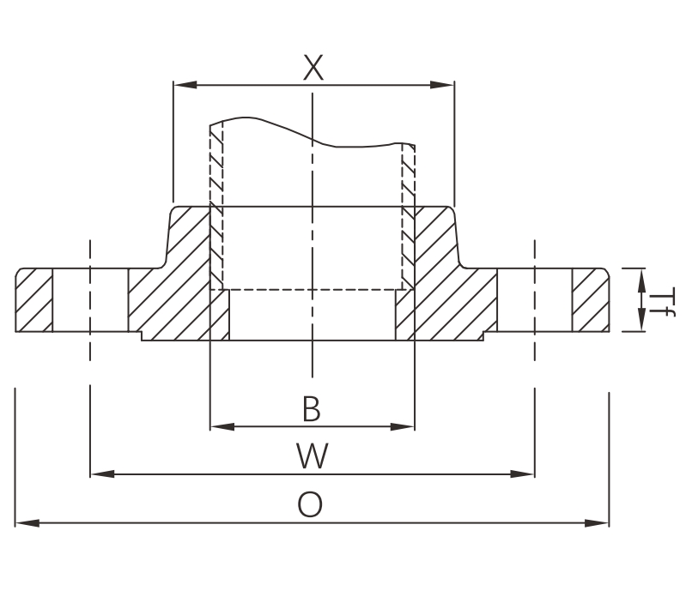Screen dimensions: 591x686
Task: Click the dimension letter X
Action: click(x=313, y=67)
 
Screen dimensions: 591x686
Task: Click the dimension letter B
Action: click(x=312, y=409)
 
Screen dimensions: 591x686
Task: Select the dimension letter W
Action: click(x=313, y=455)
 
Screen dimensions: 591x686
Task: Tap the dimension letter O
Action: click(x=310, y=504)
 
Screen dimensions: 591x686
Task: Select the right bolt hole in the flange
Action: click(x=534, y=300)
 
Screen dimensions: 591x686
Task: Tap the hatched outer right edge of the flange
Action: click(x=590, y=300)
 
